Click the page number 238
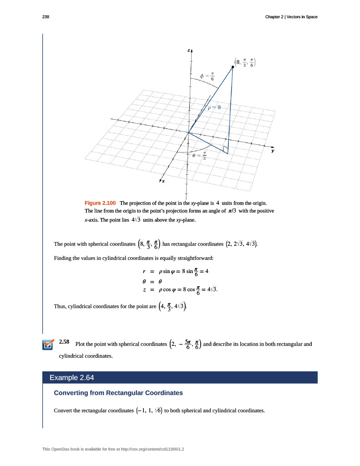click(x=46, y=17)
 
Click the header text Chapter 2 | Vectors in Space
click(x=291, y=17)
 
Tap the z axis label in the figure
click(x=188, y=50)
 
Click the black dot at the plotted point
click(x=233, y=67)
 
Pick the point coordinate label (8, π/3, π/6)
click(x=245, y=62)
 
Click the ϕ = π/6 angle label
click(x=207, y=76)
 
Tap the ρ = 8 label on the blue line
click(x=214, y=108)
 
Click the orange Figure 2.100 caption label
click(x=100, y=203)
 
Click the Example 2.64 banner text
click(x=72, y=378)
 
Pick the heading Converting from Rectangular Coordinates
click(x=118, y=393)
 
